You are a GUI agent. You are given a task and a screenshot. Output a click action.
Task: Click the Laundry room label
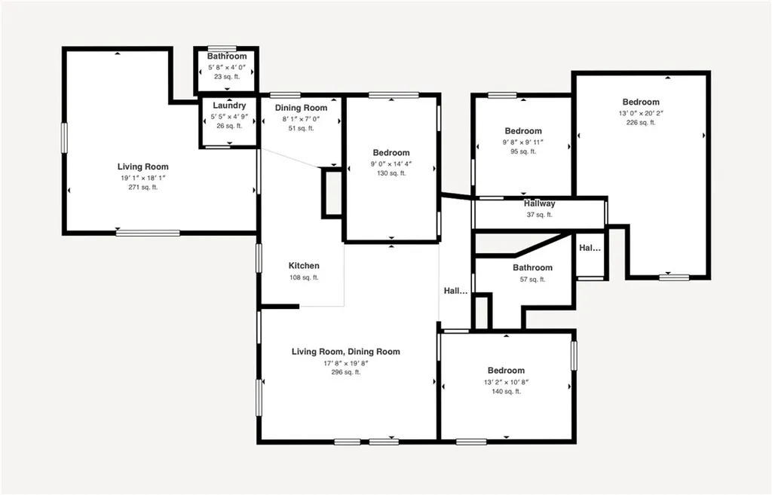(x=229, y=105)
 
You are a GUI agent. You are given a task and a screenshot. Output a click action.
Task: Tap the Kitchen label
(x=304, y=266)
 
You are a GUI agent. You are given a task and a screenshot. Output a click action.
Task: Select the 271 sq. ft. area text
(x=142, y=188)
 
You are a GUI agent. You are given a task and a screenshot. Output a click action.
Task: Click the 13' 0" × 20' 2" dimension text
(x=641, y=113)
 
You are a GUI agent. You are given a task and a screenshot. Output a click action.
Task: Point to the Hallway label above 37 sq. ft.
(x=539, y=203)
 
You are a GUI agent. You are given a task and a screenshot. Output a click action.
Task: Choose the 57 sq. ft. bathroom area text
(x=532, y=280)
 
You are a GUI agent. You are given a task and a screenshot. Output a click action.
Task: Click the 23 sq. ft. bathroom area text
(x=227, y=77)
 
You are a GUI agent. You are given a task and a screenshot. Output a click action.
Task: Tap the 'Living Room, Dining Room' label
(x=346, y=352)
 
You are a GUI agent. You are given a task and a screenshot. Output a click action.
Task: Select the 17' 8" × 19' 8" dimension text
(x=346, y=362)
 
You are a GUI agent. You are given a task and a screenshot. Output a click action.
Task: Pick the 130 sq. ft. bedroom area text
(x=391, y=173)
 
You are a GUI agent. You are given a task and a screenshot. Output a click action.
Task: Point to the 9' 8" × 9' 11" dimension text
(x=523, y=142)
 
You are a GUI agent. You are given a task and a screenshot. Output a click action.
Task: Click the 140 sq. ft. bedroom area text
(x=506, y=391)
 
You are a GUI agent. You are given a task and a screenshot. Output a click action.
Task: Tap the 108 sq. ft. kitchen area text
(x=304, y=277)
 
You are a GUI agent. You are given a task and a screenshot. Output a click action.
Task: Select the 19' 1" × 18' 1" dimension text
(x=142, y=178)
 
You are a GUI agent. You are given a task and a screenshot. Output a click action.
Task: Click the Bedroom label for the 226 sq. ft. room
(x=641, y=102)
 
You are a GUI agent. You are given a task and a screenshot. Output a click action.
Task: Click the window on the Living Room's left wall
(x=65, y=139)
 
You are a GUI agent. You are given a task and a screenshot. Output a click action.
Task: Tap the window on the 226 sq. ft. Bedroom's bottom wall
(x=674, y=277)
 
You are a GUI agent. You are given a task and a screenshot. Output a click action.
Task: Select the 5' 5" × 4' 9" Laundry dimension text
(x=229, y=116)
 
